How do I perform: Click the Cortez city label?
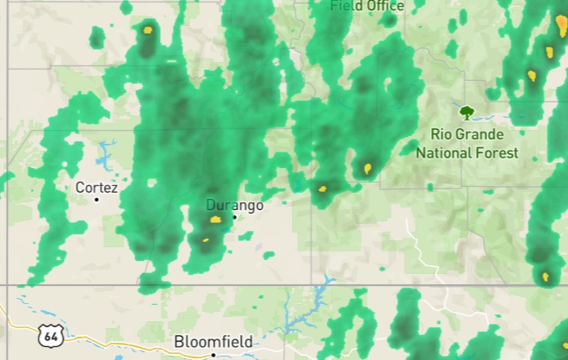tap(96, 187)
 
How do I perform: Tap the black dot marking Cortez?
tap(96, 199)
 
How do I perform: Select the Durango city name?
tap(234, 206)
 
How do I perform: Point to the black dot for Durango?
tap(233, 217)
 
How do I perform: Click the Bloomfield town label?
tap(213, 342)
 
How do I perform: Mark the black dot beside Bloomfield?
tap(213, 354)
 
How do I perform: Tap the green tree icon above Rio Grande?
tap(466, 112)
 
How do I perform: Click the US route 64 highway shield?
tap(50, 334)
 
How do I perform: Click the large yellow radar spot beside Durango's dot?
tap(215, 220)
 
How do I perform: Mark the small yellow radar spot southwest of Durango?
tap(206, 239)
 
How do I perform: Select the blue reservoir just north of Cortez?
tap(105, 155)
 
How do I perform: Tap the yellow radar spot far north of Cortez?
tap(147, 29)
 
